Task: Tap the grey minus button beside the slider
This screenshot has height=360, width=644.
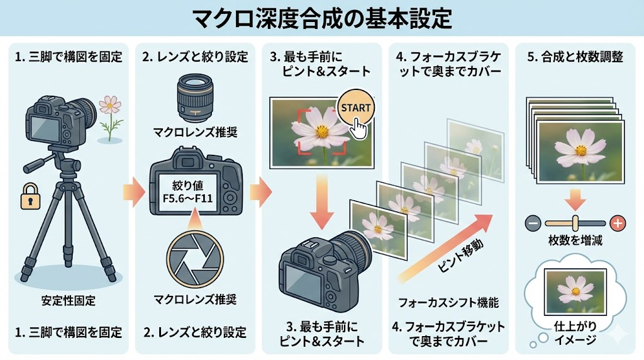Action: [x=531, y=222]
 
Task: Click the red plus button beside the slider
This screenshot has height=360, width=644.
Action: [x=618, y=222]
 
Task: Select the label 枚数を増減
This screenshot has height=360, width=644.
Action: [x=574, y=240]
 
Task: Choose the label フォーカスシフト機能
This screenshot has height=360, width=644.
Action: [x=448, y=303]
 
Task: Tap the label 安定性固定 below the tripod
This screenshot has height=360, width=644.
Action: [x=69, y=300]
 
